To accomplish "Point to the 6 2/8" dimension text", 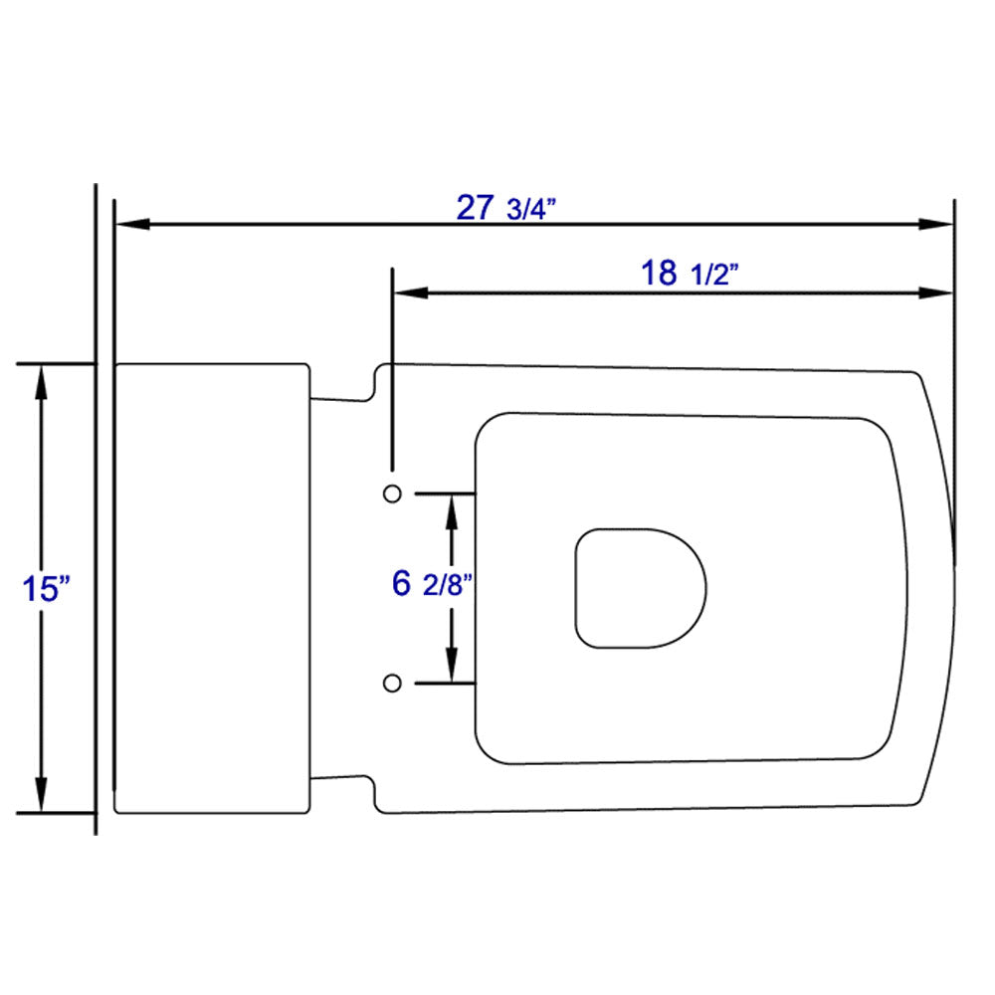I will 431,584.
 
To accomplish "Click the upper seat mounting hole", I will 392,493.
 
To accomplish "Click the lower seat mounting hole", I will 392,682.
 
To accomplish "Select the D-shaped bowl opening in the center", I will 640,588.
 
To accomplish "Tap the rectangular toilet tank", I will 212,588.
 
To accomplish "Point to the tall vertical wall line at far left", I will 96,507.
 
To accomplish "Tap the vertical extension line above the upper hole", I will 394,368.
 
